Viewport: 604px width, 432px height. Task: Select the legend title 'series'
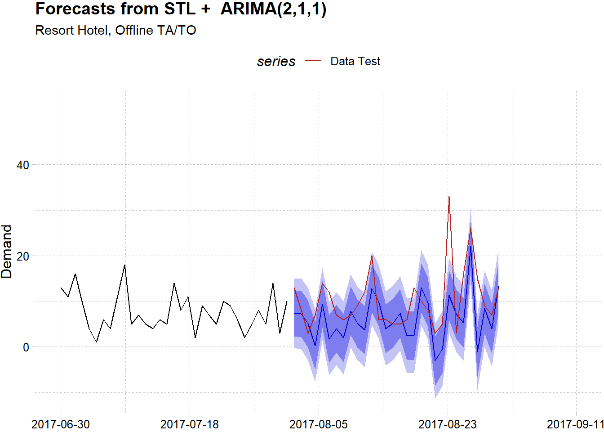point(276,61)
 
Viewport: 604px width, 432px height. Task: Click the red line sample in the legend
point(313,61)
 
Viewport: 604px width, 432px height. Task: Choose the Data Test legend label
point(355,61)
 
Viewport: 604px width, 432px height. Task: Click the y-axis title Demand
point(7,251)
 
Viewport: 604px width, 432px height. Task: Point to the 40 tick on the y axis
point(22,165)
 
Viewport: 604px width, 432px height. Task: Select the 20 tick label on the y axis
point(22,256)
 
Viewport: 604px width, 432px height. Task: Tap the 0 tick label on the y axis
point(26,347)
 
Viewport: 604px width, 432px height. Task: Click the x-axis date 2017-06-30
point(61,424)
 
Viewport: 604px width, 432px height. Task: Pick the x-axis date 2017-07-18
point(189,424)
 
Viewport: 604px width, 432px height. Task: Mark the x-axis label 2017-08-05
point(318,424)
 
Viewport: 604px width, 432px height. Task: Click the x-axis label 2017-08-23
point(447,424)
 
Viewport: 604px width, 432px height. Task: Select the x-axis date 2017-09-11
point(575,424)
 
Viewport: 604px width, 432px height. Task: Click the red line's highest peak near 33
point(449,197)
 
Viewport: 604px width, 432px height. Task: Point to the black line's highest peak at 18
point(124,265)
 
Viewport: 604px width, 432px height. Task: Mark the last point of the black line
point(287,301)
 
